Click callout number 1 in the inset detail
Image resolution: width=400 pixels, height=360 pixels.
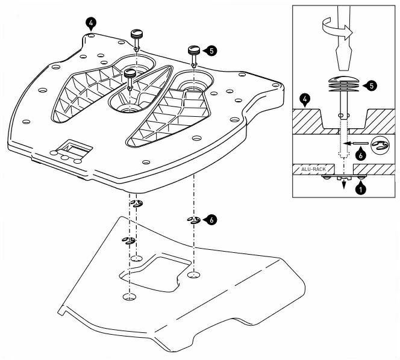[361, 188]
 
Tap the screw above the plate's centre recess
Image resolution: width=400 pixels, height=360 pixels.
[131, 75]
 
